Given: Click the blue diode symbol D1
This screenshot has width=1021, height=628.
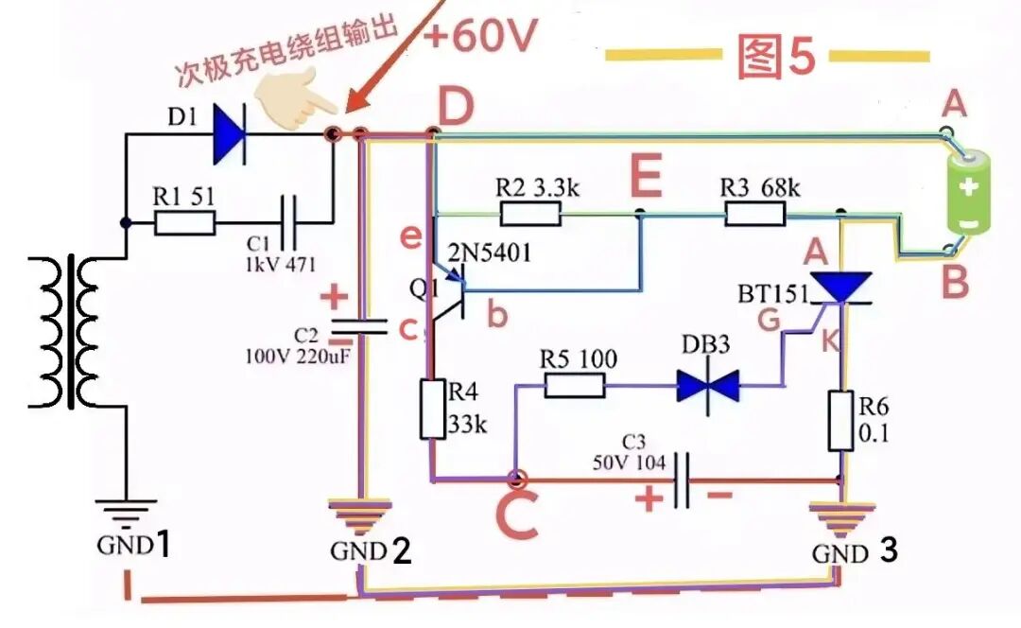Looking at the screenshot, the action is (x=230, y=135).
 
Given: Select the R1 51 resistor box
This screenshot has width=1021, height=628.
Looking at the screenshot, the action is (x=185, y=223).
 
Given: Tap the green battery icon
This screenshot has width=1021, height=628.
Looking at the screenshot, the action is (x=969, y=190).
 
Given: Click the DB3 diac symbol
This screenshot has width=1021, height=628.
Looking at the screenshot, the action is (x=708, y=386).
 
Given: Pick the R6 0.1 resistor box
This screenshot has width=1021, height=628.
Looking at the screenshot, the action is (x=840, y=421).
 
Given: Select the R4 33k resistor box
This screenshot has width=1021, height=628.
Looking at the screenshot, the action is (x=433, y=410).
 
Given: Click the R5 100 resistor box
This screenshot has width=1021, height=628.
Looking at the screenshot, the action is (x=575, y=386).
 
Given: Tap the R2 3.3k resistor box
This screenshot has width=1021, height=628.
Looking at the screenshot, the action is (x=530, y=213).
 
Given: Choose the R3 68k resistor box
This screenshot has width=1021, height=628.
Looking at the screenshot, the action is (x=755, y=213).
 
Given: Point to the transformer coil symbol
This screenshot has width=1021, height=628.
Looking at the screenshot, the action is (x=68, y=332).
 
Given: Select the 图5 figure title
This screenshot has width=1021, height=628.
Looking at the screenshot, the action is (x=776, y=56).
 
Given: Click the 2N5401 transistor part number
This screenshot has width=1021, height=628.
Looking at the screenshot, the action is (x=489, y=253).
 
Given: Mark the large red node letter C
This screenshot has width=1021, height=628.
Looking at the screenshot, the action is (x=517, y=515).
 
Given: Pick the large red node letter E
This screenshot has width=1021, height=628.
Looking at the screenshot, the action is (x=646, y=175).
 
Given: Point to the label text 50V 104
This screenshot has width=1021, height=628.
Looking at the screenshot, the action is (x=629, y=463).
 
